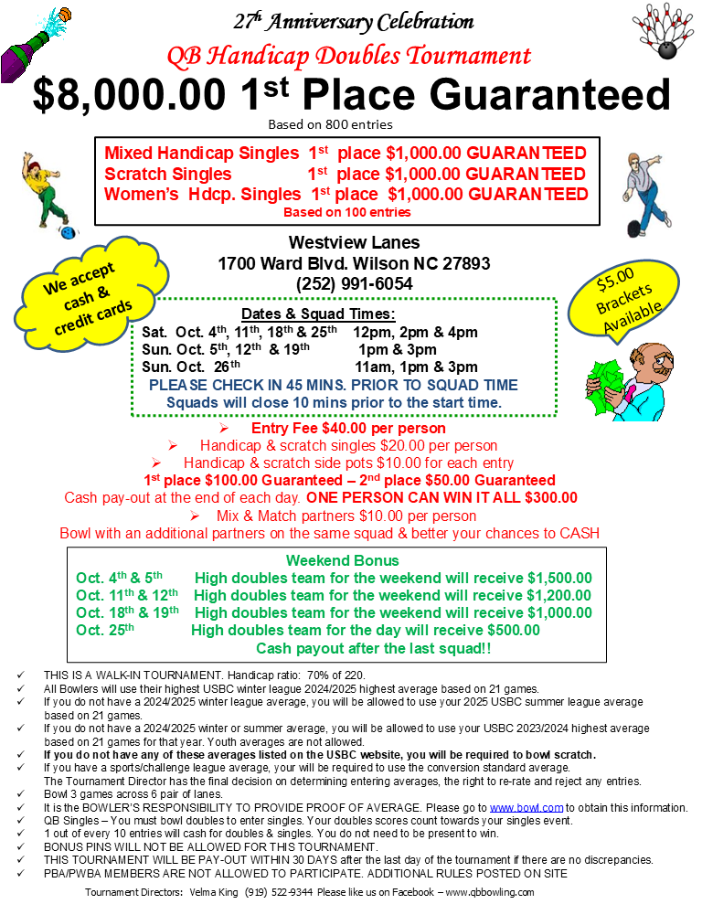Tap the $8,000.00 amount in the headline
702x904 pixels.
130,95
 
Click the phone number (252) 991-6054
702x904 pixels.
354,284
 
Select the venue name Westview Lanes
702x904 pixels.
354,242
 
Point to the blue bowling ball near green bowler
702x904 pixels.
67,233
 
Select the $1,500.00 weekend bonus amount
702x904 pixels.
559,579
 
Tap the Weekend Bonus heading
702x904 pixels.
342,560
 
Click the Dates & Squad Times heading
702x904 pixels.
317,314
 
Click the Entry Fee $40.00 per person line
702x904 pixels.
348,428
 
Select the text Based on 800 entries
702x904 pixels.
330,124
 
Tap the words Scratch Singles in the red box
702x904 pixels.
168,174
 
